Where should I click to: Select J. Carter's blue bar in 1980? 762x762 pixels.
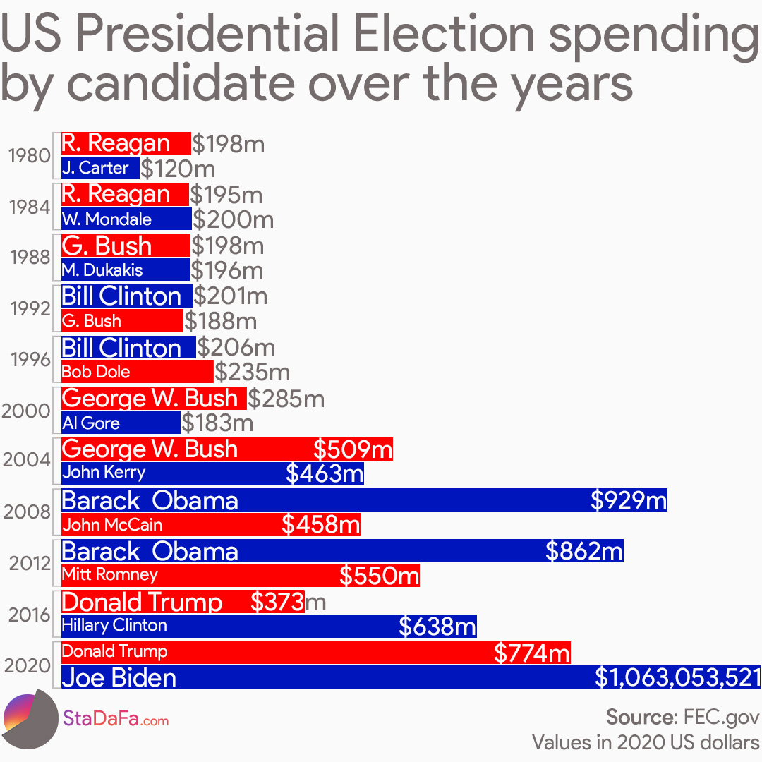[x=100, y=168]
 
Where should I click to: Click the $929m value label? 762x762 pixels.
[x=628, y=500]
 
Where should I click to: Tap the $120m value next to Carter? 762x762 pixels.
[x=178, y=169]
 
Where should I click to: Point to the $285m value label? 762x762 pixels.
[x=286, y=399]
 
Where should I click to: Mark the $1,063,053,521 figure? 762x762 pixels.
[x=677, y=678]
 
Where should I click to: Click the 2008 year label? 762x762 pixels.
[x=27, y=512]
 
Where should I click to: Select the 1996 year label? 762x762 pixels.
[x=30, y=359]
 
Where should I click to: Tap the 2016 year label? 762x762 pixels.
[x=29, y=615]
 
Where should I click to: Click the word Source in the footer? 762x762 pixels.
[x=640, y=718]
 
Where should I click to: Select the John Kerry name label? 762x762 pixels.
[x=104, y=472]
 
